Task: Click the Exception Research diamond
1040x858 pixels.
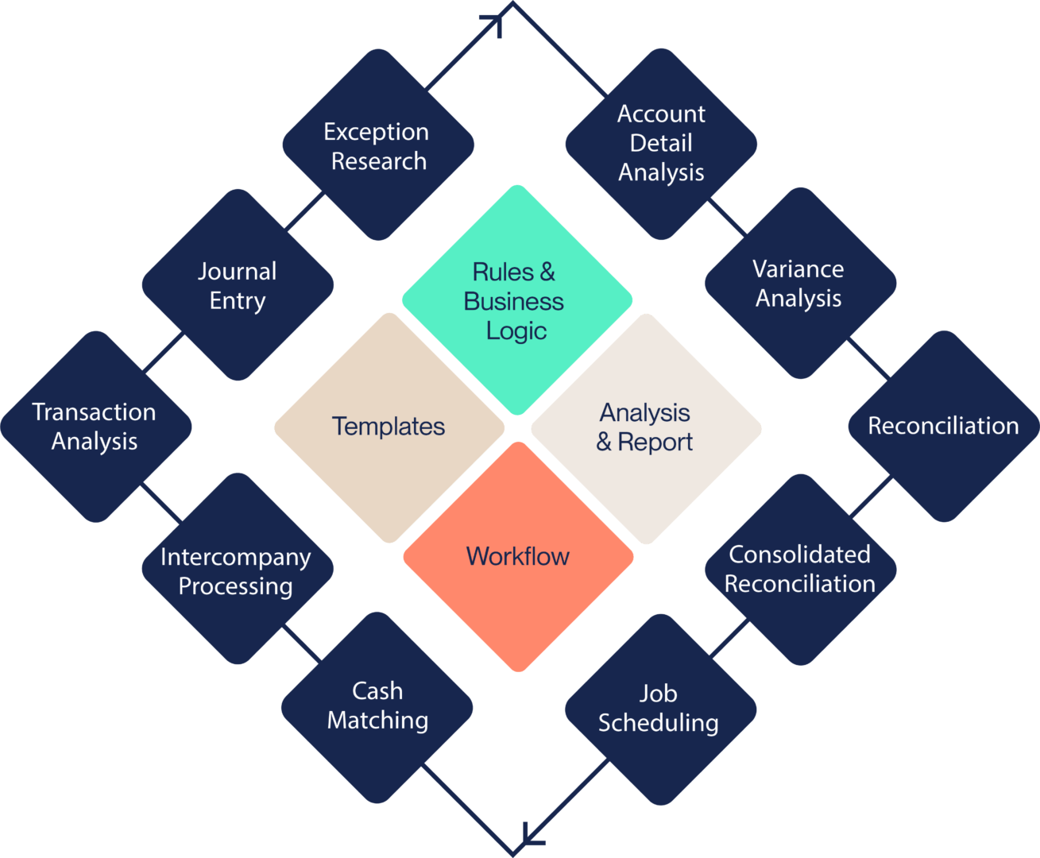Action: pos(378,145)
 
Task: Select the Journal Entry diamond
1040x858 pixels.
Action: pos(238,285)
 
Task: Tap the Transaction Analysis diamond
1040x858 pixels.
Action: pos(95,427)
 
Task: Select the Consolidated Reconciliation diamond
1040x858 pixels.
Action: pos(800,570)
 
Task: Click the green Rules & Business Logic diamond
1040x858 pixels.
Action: pos(517,300)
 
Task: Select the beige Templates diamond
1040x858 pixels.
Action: pos(389,427)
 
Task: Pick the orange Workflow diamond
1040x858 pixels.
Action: pos(518,556)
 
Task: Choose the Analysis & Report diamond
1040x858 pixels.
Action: pos(646,428)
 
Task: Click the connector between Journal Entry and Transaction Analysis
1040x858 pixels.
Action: pos(164,353)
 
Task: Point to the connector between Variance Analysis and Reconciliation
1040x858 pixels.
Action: pos(868,358)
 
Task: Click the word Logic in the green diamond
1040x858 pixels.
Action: pos(516,330)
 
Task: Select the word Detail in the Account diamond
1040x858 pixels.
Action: pos(661,143)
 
